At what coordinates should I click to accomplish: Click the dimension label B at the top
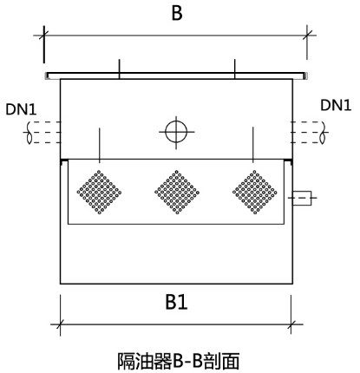(177, 13)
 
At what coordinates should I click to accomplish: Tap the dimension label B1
(176, 302)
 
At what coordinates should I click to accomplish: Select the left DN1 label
(21, 110)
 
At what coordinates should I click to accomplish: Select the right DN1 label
(336, 105)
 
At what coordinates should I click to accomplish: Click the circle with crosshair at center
(176, 132)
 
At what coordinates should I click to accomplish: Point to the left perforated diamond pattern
(99, 193)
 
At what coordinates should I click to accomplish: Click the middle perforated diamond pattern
(177, 193)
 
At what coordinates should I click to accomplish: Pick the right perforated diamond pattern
(255, 193)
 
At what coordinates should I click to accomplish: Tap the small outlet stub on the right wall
(302, 198)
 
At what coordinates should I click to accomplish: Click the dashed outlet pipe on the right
(309, 133)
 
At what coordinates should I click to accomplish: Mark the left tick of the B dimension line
(44, 36)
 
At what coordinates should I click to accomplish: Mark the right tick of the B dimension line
(307, 36)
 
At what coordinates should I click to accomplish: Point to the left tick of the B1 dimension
(60, 324)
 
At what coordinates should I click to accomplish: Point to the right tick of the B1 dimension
(291, 324)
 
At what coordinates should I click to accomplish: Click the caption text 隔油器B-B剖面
(179, 361)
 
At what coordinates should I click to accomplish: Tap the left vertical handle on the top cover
(120, 69)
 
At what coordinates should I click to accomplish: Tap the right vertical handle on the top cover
(235, 69)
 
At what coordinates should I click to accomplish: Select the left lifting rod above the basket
(100, 146)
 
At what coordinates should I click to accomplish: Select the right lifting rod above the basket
(253, 145)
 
